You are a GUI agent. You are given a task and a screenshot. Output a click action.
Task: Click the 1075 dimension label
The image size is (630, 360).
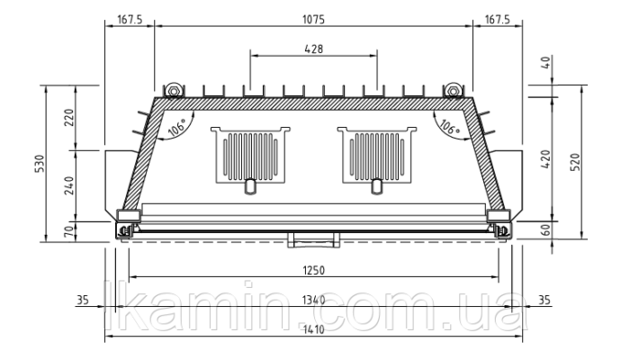(313, 19)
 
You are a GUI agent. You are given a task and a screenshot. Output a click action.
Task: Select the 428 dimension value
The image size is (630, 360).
(314, 49)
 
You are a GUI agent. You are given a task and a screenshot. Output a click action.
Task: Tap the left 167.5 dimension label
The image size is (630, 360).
(130, 19)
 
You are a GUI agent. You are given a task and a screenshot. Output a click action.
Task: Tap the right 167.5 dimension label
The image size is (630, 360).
(498, 19)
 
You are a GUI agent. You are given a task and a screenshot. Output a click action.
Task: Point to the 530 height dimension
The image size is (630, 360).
(40, 164)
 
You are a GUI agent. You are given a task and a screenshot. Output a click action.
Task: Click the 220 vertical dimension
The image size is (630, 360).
(70, 117)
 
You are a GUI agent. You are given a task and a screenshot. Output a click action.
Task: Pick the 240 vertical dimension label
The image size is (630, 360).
(70, 185)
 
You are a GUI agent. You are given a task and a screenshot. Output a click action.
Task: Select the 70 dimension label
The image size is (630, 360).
(70, 231)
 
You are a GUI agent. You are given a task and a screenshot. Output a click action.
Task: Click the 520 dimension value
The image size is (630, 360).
(575, 162)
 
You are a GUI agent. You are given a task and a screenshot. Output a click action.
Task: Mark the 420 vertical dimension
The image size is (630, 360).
(545, 159)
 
